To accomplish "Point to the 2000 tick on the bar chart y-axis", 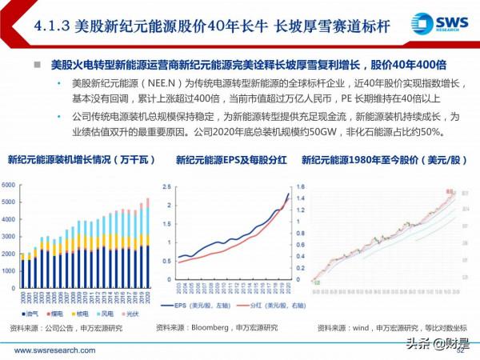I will coord(10,253).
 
